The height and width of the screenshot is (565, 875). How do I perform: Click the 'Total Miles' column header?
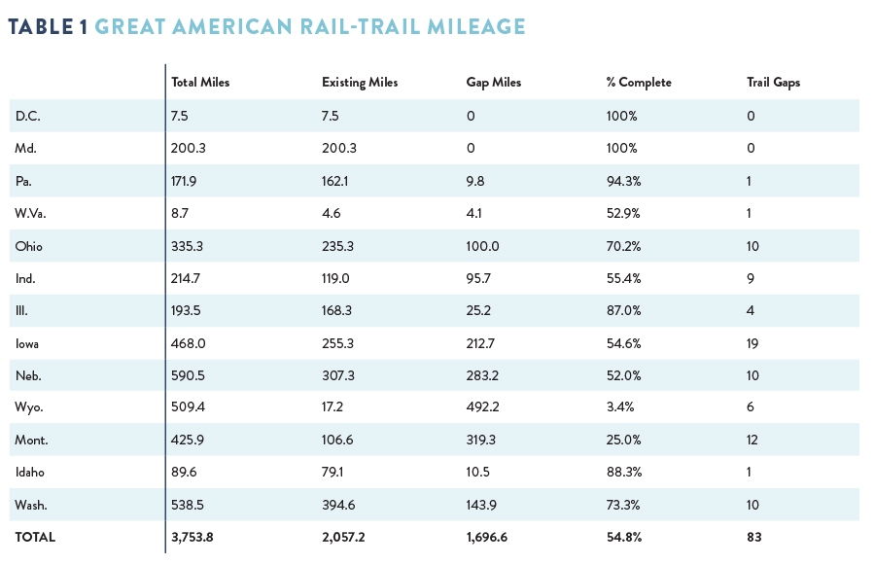[x=200, y=83]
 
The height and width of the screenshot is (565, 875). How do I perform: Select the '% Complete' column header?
[x=638, y=83]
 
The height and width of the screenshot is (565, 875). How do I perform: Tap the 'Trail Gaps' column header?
[x=773, y=83]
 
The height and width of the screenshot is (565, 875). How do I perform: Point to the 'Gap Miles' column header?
[x=494, y=83]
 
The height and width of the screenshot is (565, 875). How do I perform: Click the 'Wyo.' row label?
[x=28, y=407]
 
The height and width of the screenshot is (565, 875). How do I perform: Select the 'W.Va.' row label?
[x=29, y=213]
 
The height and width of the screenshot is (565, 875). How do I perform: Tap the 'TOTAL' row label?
[x=35, y=537]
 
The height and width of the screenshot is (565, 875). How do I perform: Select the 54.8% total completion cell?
[x=623, y=537]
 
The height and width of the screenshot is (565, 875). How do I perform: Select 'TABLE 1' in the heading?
[x=49, y=26]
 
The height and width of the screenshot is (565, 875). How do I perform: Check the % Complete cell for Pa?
[x=623, y=181]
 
